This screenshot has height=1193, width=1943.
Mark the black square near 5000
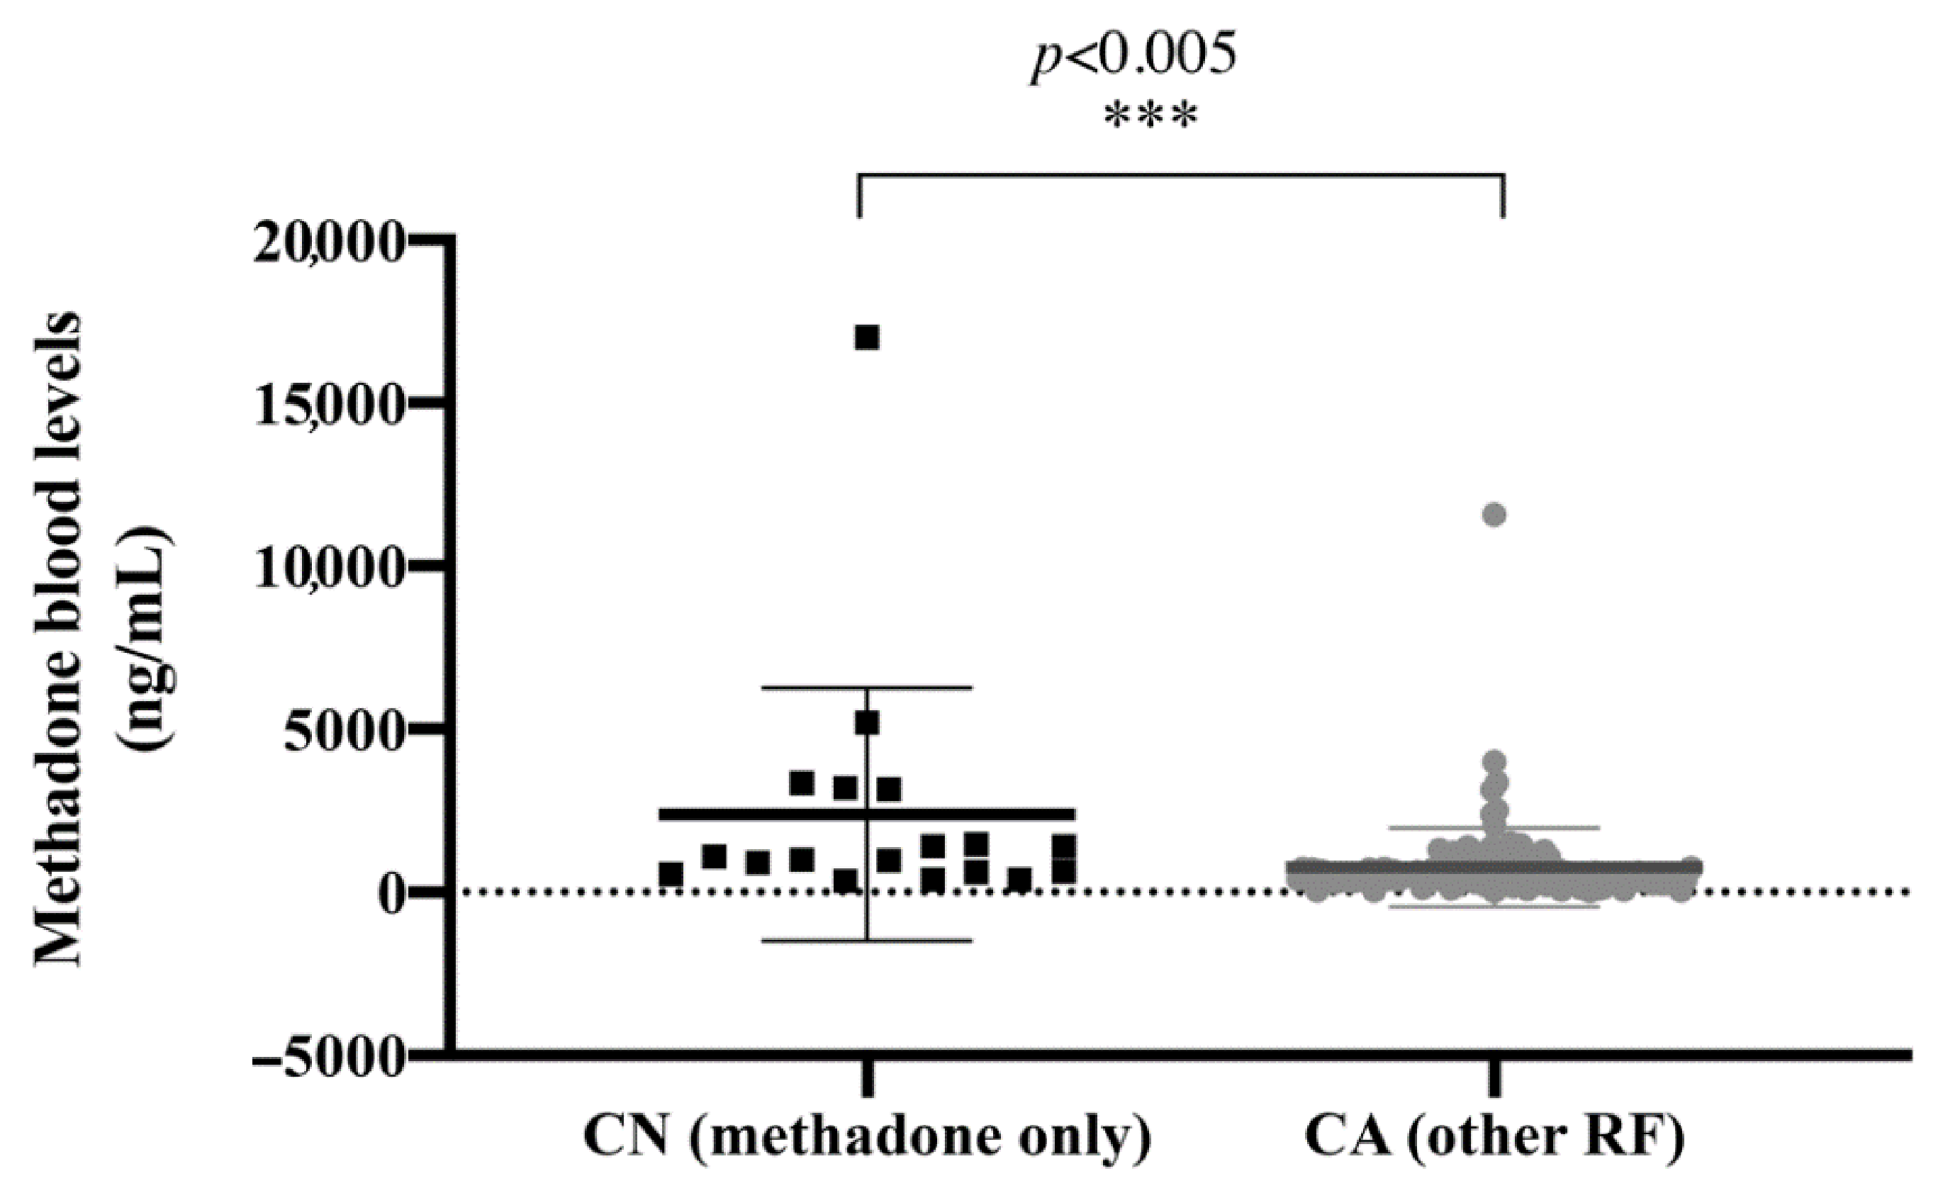click(x=867, y=723)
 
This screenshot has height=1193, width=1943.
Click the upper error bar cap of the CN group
click(x=867, y=688)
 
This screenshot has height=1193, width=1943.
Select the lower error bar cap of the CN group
click(x=867, y=941)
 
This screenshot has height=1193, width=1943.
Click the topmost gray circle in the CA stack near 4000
click(x=1494, y=762)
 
